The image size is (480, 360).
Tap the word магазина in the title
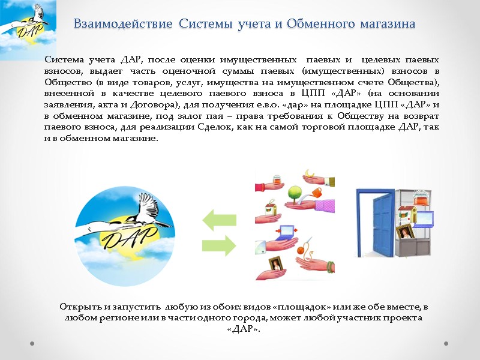coord(387,25)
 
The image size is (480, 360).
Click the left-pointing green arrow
coord(220,220)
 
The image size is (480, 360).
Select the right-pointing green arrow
coord(220,244)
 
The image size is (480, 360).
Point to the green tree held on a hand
coord(294,193)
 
